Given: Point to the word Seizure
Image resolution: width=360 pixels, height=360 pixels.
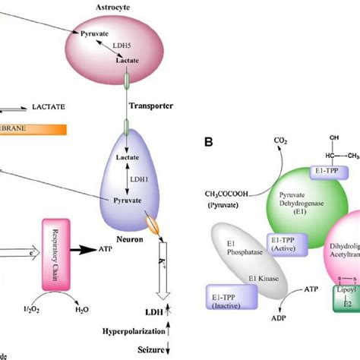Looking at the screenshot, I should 149,349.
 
